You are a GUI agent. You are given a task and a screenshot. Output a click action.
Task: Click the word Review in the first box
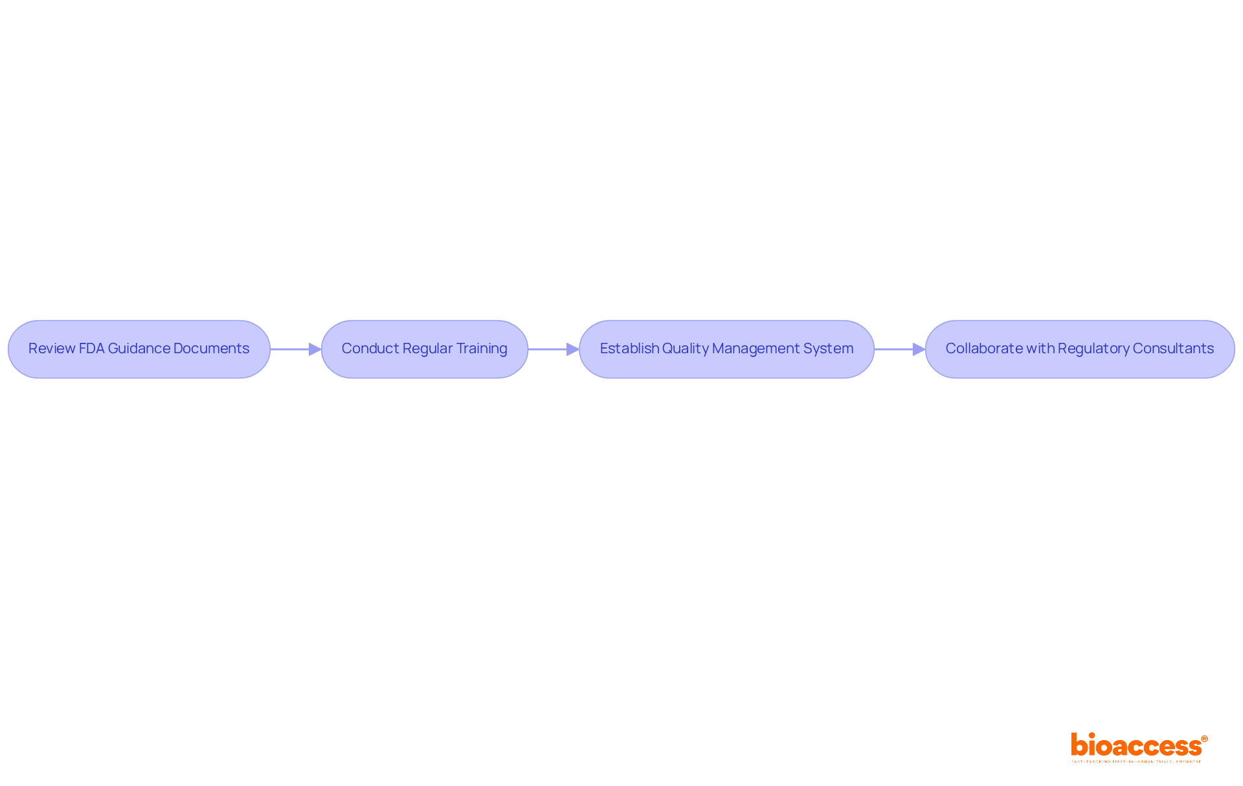51,349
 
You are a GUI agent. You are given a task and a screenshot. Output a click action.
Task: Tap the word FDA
91,349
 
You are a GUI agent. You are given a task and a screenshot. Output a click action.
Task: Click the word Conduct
370,349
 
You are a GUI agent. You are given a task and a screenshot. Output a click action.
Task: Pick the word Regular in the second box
427,349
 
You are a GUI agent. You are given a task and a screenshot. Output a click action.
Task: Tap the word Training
482,349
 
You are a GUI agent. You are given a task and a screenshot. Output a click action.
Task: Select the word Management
756,349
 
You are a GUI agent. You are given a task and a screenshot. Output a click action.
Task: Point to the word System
828,349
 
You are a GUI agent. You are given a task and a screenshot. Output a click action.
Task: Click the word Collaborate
983,349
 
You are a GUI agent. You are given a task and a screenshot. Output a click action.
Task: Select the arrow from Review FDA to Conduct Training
295,349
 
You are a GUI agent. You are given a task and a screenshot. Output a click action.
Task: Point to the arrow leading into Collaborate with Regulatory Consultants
899,349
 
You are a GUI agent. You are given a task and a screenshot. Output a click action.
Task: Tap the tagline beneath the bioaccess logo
1136,761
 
